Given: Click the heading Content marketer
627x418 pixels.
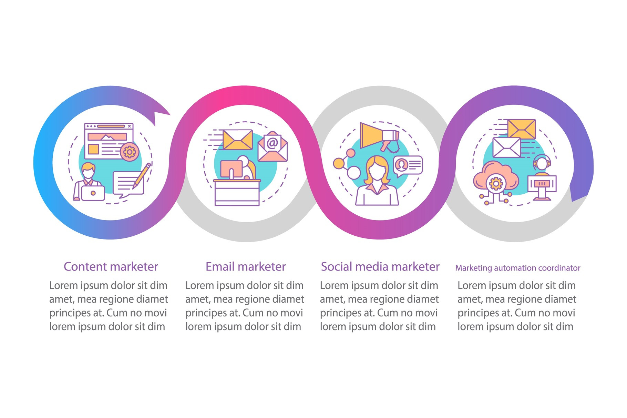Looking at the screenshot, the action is coord(111,267).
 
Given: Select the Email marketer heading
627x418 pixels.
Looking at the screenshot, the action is coord(246,267).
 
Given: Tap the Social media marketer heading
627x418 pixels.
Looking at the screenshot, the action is coord(380,267).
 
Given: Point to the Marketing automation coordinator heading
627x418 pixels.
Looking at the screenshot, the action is coord(518,268).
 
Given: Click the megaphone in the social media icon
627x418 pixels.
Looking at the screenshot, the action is coord(379,136).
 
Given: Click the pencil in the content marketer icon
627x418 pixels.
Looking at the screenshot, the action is coord(142,176).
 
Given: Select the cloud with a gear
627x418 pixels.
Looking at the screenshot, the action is coord(496,179).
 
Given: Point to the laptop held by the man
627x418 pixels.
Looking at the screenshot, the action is coord(93,193).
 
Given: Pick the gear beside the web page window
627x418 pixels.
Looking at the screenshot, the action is coord(130,151).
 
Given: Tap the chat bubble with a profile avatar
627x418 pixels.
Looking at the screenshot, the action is coord(408,166).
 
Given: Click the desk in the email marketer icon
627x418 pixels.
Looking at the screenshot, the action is coord(237,193).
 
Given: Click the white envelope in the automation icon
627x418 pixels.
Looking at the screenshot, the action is coord(506,147).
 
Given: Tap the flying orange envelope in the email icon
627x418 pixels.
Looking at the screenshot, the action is coord(238,140).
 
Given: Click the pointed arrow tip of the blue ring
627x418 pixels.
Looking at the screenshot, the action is coord(170,114).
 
